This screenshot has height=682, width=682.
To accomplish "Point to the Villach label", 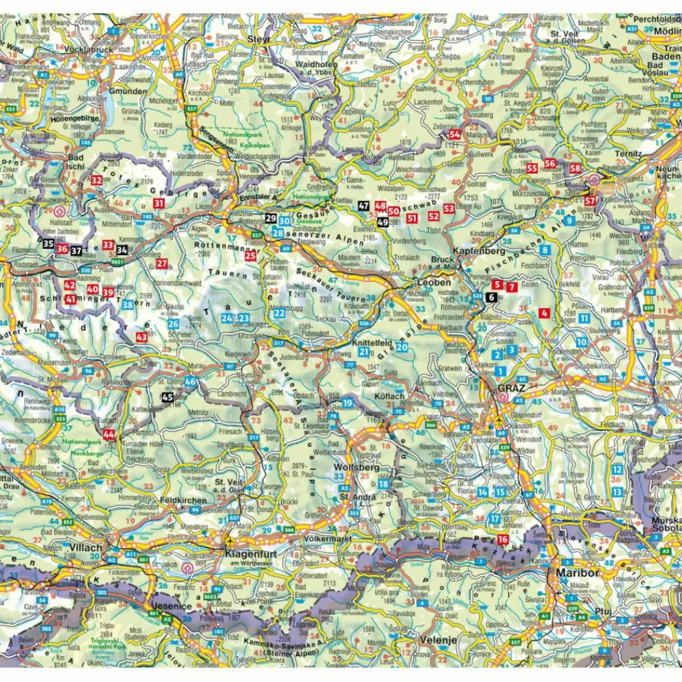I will point(85,547).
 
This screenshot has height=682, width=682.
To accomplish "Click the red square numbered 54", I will point(455,134).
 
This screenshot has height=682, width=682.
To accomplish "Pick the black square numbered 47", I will point(363,206).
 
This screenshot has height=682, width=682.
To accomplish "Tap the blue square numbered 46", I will point(190,382).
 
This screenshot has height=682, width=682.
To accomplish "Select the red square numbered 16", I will point(503,539).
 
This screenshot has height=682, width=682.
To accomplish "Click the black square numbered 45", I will point(168,398).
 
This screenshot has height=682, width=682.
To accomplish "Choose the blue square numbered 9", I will point(569,220).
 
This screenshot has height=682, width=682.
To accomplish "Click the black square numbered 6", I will point(491,297).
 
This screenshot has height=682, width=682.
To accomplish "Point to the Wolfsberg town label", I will point(357,468).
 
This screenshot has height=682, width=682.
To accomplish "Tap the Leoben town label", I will point(430,282).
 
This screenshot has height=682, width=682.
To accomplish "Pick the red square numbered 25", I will point(250,255).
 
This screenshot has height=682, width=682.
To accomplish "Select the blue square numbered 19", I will point(348,402).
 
